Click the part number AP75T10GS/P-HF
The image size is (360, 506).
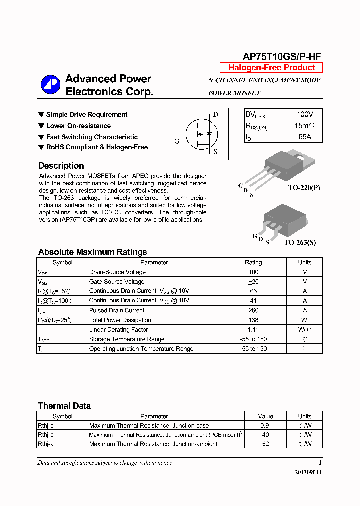tap(282, 56)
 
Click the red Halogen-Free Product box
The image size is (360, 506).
tap(271, 68)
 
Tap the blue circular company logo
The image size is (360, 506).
tap(50, 85)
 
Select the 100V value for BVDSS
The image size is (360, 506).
tap(305, 115)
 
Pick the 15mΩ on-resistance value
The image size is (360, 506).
tap(305, 126)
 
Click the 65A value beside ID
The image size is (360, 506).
tap(305, 137)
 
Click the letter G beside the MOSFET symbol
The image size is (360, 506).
tap(177, 141)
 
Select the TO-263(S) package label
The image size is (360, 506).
tap(300, 242)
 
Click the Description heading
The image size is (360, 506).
tap(61, 166)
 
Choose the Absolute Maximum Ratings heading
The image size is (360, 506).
tap(92, 252)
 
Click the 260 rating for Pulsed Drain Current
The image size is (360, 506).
tap(253, 310)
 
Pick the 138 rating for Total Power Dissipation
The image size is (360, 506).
tap(253, 320)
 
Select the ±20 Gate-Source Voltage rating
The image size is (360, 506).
tap(253, 282)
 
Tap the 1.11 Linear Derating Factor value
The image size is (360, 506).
tap(253, 329)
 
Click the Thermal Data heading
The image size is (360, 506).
tap(64, 406)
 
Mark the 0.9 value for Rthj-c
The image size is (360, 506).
tap(265, 425)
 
